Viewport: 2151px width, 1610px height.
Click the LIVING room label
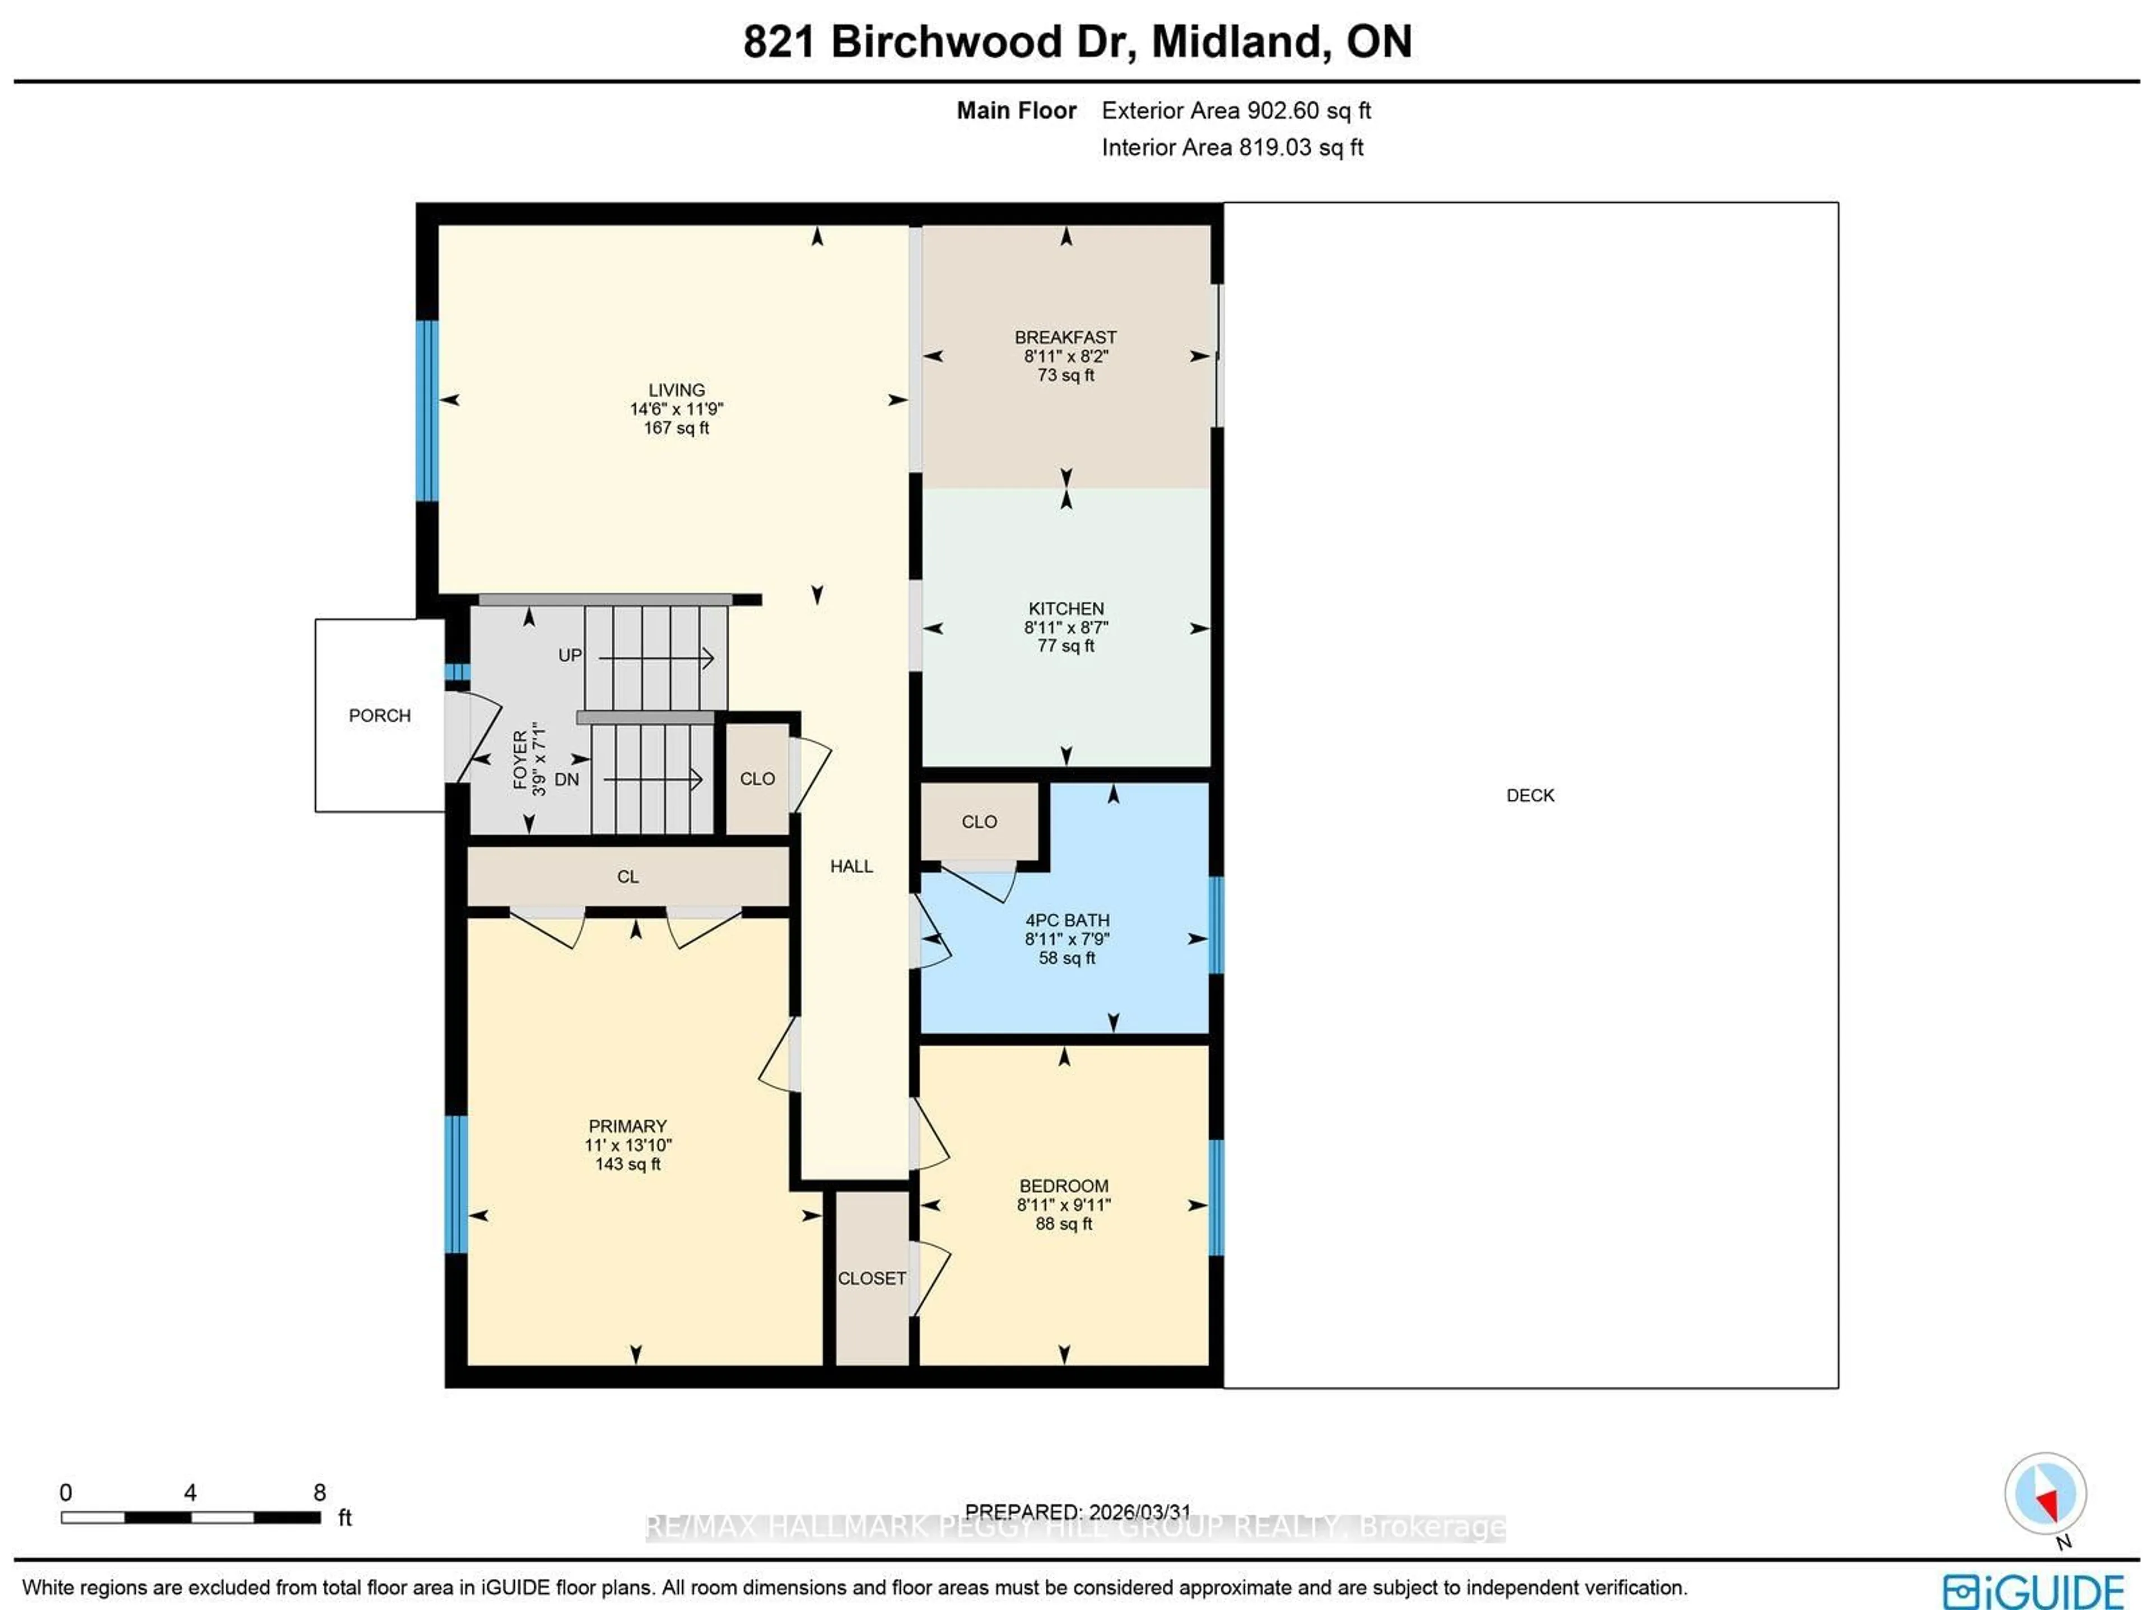(x=676, y=390)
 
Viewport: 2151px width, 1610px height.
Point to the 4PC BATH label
(x=1066, y=920)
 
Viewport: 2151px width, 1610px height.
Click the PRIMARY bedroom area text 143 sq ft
(x=627, y=1164)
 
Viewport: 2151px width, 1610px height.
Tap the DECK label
(x=1530, y=795)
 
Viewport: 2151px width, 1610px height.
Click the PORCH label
(x=379, y=716)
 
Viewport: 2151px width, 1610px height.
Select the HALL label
(x=851, y=866)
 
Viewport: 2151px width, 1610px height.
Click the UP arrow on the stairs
(x=657, y=658)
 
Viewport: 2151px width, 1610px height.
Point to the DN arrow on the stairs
(x=651, y=779)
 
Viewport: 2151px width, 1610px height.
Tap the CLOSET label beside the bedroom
(x=871, y=1278)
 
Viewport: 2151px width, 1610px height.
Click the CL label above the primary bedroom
(x=627, y=877)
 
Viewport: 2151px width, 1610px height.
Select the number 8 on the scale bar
(x=319, y=1492)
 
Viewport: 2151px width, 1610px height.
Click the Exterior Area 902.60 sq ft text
(x=1235, y=111)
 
